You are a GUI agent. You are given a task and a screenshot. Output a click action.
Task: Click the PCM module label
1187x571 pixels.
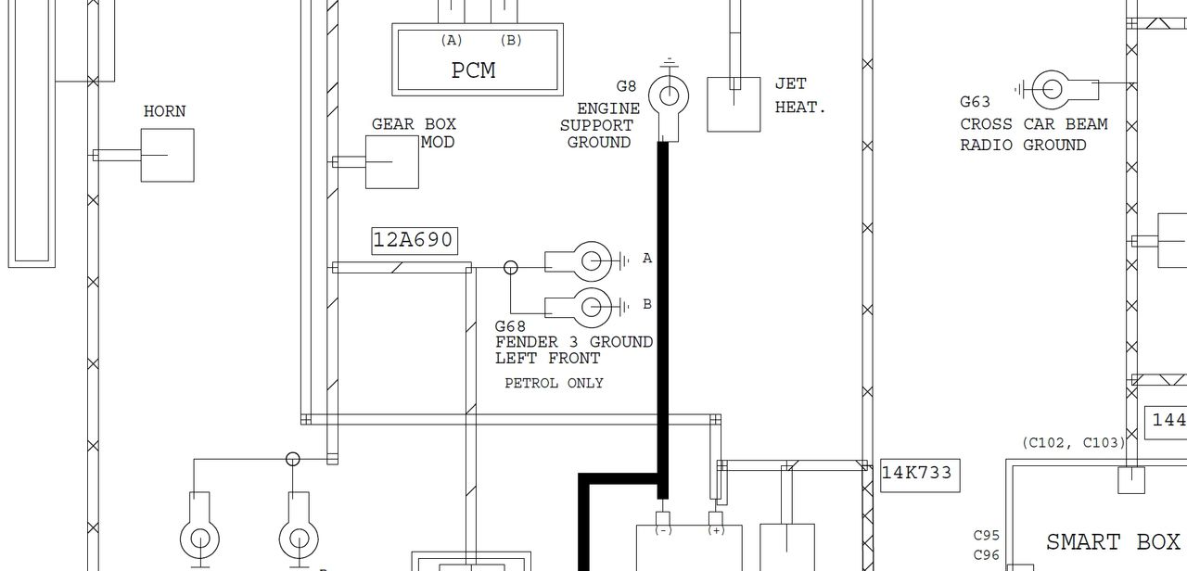(x=473, y=70)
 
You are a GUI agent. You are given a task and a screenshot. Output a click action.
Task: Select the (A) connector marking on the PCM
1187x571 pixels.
(x=452, y=40)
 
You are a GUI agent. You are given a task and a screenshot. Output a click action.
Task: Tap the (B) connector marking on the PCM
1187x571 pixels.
(x=511, y=40)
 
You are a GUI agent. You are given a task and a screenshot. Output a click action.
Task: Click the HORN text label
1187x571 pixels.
(x=164, y=111)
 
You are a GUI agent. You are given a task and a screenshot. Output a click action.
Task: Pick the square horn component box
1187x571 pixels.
(x=168, y=155)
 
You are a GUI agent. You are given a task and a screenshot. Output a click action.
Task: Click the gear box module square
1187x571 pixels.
(x=392, y=162)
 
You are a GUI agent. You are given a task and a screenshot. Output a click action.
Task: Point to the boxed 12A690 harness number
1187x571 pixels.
(x=415, y=241)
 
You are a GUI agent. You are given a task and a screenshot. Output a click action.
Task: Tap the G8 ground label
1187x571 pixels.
(x=626, y=86)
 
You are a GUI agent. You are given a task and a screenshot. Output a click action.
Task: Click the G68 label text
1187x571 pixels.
(x=510, y=326)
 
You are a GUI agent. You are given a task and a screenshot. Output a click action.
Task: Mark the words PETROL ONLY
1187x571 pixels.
(x=554, y=383)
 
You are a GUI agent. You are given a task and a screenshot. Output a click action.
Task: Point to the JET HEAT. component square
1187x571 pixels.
(x=734, y=105)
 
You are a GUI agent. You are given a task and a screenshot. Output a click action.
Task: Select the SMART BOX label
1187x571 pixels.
(x=1113, y=542)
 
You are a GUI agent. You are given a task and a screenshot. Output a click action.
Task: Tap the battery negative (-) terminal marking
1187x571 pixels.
(x=663, y=530)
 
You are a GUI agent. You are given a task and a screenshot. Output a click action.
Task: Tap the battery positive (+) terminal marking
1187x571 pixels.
(x=716, y=530)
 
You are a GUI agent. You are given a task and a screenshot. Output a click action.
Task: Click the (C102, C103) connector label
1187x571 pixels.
(x=1073, y=443)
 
